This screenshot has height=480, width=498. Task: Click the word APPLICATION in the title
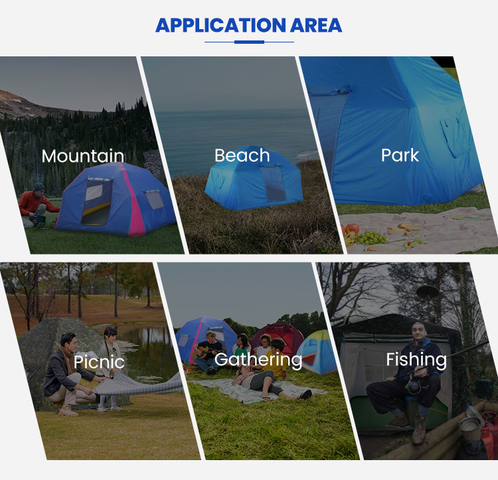click(x=220, y=25)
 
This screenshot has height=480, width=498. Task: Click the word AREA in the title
click(x=316, y=25)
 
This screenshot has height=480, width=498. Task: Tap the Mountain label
click(x=82, y=156)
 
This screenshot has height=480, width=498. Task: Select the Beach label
click(x=242, y=155)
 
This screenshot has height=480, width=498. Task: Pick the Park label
click(x=400, y=155)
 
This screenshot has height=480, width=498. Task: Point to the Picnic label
click(x=99, y=361)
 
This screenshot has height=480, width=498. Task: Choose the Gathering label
click(x=258, y=360)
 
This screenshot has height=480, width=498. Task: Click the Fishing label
click(x=416, y=360)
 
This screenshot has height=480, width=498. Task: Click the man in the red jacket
click(x=37, y=205)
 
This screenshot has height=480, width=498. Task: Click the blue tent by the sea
click(x=254, y=179)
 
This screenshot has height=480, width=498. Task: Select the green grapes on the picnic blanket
click(x=371, y=238)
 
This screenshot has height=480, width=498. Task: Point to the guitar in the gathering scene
click(x=207, y=351)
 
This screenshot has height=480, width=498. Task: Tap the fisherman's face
click(x=418, y=331)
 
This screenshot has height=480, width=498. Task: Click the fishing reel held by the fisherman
click(x=413, y=387)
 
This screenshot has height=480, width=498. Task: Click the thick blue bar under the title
click(x=249, y=42)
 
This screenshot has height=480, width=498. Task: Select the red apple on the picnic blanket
click(x=352, y=229)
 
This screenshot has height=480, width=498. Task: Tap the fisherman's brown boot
click(x=419, y=429)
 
